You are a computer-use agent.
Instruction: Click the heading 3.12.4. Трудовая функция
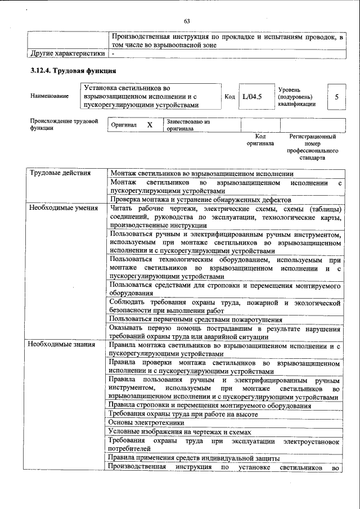pos(73,71)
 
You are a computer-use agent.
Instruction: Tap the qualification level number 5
pos(336,97)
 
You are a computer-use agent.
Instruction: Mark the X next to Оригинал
pos(150,124)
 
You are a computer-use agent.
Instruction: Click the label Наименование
pos(50,97)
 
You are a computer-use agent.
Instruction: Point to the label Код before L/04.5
pos(229,97)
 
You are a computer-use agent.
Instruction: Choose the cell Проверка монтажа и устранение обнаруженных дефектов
pos(200,200)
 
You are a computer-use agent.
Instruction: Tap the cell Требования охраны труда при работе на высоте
pos(183,415)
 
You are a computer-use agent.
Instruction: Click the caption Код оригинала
pos(260,140)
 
